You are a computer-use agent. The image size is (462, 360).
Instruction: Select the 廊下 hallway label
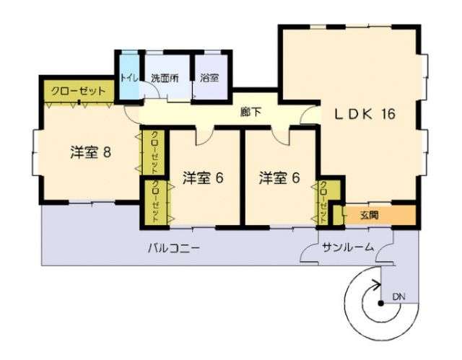click(250, 113)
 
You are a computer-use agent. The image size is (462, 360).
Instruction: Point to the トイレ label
click(129, 78)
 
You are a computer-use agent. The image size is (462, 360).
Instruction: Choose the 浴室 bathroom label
click(210, 78)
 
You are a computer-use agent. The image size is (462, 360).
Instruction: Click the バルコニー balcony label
click(174, 247)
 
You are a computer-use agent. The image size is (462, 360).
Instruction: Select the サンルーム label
click(348, 247)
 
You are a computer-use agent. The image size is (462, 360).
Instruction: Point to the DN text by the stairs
click(398, 297)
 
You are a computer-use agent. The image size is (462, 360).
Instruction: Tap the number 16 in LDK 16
click(385, 114)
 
